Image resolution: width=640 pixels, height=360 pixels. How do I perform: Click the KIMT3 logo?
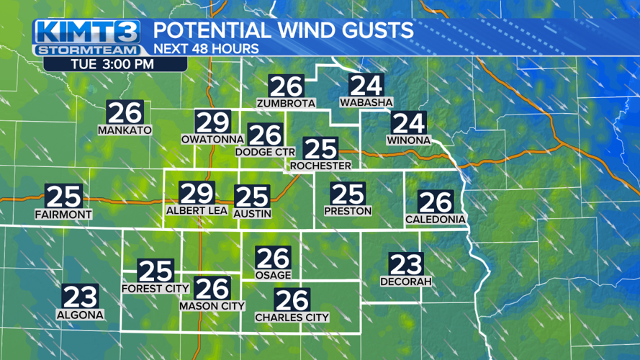click(87, 32)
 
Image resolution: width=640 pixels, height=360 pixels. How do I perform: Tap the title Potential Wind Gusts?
click(284, 31)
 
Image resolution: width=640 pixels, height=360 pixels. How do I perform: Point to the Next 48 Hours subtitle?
click(207, 49)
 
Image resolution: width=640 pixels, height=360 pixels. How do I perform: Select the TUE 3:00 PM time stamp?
click(115, 63)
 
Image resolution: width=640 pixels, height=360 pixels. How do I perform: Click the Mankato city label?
click(125, 130)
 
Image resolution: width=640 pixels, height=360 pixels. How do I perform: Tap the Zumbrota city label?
click(287, 104)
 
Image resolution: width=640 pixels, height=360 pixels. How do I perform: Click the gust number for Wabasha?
click(366, 86)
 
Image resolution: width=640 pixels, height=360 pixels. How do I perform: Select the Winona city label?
click(408, 140)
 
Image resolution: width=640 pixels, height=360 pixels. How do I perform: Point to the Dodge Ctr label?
click(265, 152)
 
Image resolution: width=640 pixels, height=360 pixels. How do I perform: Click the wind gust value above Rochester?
click(320, 149)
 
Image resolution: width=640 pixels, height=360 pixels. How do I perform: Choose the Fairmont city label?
click(63, 215)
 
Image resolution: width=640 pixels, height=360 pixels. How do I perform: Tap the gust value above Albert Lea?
click(197, 193)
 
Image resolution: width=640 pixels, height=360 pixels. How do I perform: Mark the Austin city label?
click(253, 214)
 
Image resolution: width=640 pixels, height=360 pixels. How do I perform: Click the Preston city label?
click(348, 211)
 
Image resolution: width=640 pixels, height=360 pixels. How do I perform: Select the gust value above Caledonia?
click(436, 202)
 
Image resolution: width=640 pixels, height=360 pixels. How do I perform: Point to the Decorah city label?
click(406, 282)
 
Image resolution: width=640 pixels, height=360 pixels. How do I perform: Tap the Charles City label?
click(292, 317)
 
